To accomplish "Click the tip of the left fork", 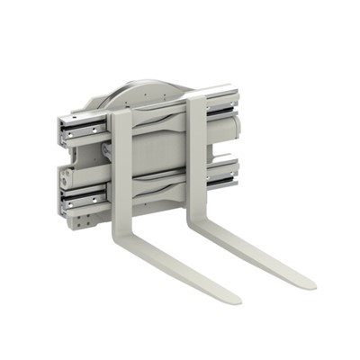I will point(231,299).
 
